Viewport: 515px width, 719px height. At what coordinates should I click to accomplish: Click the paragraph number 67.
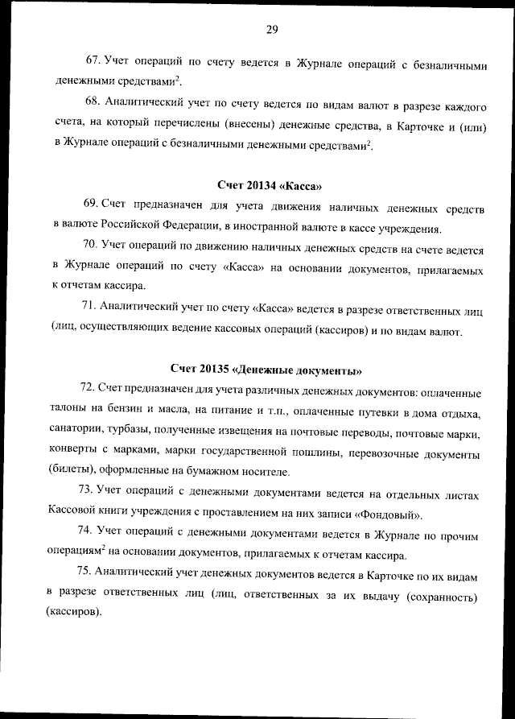click(93, 60)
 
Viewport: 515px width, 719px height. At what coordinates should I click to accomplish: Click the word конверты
click(77, 452)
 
